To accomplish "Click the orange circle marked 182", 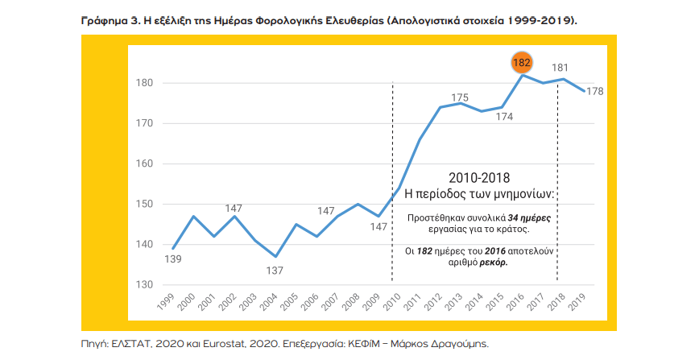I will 523,61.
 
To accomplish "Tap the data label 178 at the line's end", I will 595,91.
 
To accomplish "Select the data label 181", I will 560,68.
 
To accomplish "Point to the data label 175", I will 460,97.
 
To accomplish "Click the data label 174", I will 505,116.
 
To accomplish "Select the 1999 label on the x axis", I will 167,304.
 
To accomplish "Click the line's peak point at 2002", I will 235,216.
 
